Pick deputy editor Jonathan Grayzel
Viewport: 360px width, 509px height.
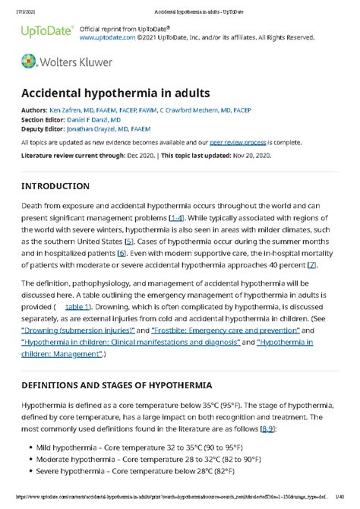point(109,128)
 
